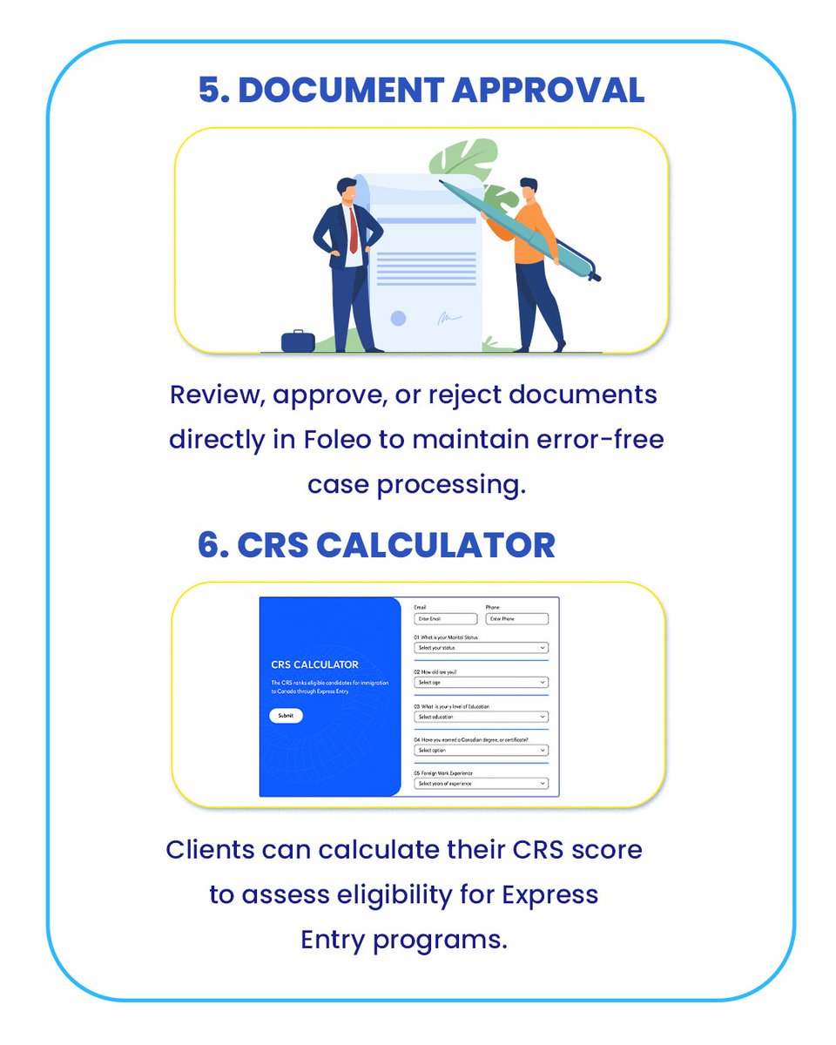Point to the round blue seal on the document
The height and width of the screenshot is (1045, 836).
[x=398, y=319]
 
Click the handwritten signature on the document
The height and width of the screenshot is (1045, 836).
[x=449, y=320]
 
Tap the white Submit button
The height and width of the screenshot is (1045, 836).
[x=286, y=715]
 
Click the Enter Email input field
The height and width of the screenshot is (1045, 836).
[x=446, y=619]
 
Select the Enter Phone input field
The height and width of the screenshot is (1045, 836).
[x=516, y=619]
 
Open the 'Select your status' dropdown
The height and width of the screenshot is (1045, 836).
[x=481, y=648]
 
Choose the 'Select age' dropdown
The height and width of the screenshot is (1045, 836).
[x=481, y=682]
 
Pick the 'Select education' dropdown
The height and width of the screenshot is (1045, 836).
[x=481, y=717]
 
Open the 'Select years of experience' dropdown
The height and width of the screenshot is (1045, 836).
[x=481, y=784]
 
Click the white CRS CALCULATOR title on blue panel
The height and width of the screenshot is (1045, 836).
[x=314, y=664]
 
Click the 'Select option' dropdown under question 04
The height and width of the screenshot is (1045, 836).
[x=481, y=750]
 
